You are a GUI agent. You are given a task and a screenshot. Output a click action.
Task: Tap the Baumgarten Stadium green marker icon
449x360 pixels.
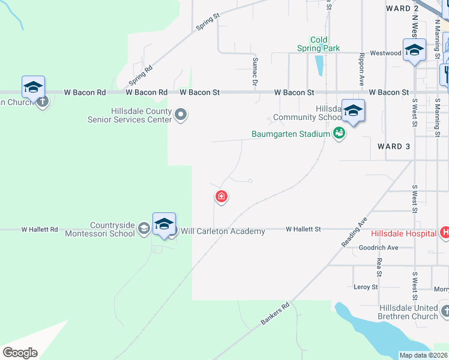[339, 134]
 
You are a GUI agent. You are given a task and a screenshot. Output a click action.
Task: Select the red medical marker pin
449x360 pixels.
[221, 196]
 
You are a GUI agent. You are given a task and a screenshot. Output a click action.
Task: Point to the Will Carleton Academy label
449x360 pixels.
[223, 231]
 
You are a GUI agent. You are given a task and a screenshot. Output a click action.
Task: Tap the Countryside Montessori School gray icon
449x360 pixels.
[143, 229]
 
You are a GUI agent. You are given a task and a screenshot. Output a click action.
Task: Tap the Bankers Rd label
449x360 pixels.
[276, 314]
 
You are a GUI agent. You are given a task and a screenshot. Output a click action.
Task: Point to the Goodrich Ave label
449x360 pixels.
[378, 247]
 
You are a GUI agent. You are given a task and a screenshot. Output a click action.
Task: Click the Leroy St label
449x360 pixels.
[366, 287]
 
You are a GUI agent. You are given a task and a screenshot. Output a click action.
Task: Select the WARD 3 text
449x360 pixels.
[394, 146]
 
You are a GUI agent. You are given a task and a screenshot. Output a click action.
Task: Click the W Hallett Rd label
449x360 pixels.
[40, 229]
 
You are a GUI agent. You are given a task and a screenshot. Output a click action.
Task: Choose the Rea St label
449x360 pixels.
[379, 264]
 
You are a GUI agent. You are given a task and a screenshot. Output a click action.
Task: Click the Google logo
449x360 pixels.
[20, 353]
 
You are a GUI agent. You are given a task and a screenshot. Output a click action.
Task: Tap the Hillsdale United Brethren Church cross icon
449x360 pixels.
[445, 311]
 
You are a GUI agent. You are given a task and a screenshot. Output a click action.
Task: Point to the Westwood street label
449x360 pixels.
[385, 53]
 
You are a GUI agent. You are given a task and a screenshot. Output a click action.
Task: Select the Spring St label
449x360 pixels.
[208, 23]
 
